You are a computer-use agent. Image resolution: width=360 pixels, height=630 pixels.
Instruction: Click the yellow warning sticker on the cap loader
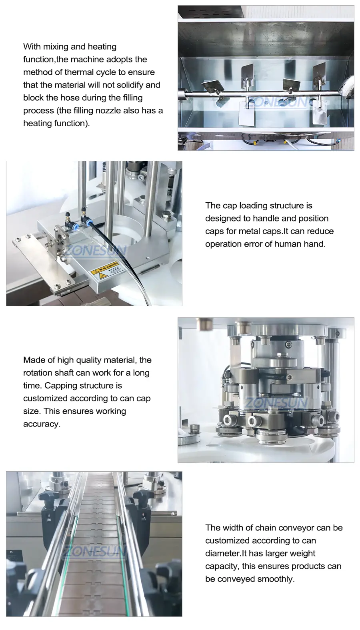(108, 270)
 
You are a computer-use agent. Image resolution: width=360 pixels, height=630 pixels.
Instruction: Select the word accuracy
(42, 424)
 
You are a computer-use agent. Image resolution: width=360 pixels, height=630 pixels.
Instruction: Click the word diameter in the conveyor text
(223, 553)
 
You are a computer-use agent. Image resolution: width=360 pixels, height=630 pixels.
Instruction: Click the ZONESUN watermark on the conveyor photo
(93, 552)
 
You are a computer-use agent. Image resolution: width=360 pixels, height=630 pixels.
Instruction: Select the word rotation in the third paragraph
(36, 373)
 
